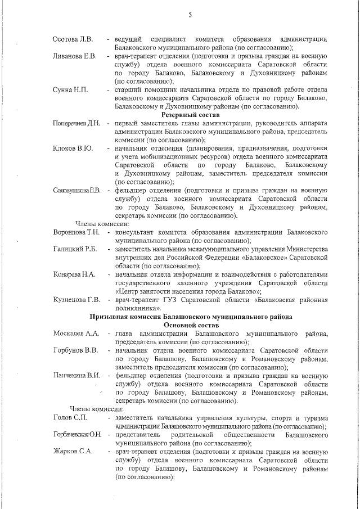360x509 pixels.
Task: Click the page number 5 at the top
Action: pos(190,15)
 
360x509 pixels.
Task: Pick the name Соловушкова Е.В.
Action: pos(76,191)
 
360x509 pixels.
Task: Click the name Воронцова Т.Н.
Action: pos(76,232)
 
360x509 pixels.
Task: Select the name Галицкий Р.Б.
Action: pos(75,249)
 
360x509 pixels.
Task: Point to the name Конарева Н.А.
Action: pos(74,274)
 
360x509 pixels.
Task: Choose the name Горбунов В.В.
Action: pos(75,350)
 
